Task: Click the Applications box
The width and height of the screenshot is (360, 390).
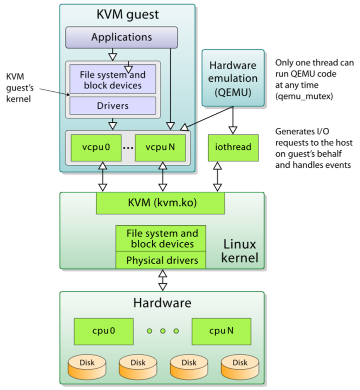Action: point(121,37)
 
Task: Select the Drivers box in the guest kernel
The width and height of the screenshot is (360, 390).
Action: point(112,106)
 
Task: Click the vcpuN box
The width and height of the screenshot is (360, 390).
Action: point(161,147)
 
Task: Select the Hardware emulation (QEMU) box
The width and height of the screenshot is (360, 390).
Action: point(232,78)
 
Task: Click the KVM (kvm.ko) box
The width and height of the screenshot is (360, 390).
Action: point(160,203)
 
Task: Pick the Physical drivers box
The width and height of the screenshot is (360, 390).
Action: point(161,260)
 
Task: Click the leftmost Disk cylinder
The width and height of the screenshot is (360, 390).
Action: point(86,367)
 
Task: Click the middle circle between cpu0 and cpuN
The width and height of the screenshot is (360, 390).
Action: point(163,331)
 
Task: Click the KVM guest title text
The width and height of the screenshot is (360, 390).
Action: point(127,14)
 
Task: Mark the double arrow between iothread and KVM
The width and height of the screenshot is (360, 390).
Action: point(217,177)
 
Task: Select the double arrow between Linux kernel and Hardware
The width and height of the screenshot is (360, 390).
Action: point(162,280)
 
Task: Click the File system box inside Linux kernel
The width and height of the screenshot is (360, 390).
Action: point(161,238)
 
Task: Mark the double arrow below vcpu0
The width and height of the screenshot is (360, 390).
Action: point(102,177)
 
